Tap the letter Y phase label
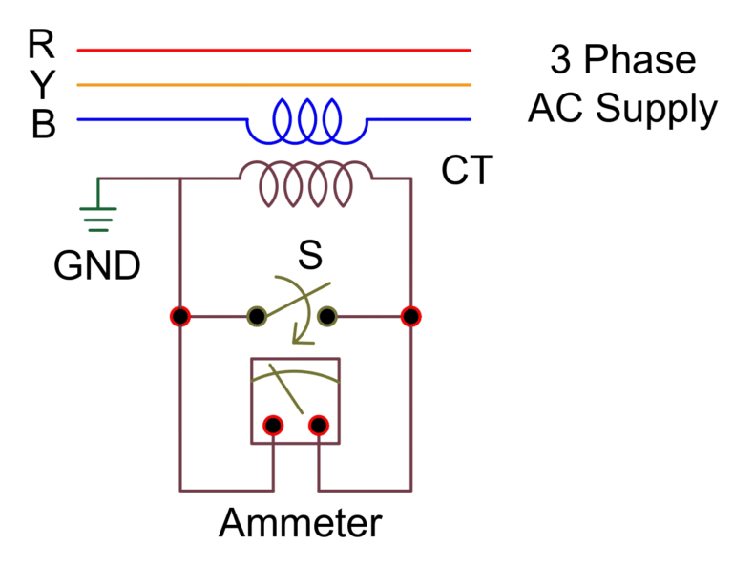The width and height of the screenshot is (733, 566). coord(42,84)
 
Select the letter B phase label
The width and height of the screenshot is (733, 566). coord(43,125)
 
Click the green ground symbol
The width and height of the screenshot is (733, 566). coord(97,217)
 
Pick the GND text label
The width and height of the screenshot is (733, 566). coord(97,265)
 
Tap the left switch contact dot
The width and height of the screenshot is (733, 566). coord(256,316)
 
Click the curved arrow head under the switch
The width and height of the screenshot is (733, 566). coord(301,335)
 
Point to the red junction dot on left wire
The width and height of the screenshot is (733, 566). coord(178,316)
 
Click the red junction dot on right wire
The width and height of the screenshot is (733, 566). coord(411,316)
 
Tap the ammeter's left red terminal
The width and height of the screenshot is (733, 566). coord(273,425)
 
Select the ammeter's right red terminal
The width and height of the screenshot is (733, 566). coord(319,425)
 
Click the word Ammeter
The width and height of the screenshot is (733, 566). coord(301,523)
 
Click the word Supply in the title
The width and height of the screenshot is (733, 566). coord(656,109)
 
